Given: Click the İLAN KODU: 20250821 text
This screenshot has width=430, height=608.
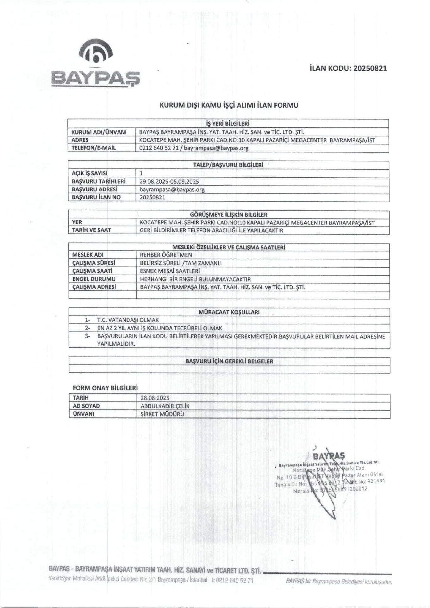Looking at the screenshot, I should pyautogui.click(x=348, y=68).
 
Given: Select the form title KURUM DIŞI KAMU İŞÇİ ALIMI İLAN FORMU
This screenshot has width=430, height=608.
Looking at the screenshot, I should pyautogui.click(x=229, y=105).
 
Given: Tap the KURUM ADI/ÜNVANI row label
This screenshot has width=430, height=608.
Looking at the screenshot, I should pyautogui.click(x=99, y=132).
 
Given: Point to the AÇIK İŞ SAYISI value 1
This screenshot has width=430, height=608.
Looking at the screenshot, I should pyautogui.click(x=141, y=173).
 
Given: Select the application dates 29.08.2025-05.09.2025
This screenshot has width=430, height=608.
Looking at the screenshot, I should pyautogui.click(x=169, y=181).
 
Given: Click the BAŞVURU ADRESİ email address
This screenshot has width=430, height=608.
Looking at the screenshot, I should pyautogui.click(x=172, y=190).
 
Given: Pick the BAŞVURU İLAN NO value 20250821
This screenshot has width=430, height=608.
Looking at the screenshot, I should pyautogui.click(x=153, y=197).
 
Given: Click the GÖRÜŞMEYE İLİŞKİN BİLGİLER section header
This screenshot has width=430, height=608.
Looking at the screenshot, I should pyautogui.click(x=228, y=214).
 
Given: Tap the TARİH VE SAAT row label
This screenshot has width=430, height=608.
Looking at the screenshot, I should pyautogui.click(x=91, y=230).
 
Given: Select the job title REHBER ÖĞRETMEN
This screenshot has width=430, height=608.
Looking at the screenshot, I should pyautogui.click(x=166, y=255).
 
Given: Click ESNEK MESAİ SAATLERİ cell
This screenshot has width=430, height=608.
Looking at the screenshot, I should pyautogui.click(x=170, y=271).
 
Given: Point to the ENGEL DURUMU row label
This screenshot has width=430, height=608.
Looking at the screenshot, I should pyautogui.click(x=94, y=279).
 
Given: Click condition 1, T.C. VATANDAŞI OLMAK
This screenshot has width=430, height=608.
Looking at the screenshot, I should pyautogui.click(x=128, y=320).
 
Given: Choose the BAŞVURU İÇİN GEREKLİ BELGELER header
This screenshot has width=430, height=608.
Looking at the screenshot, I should pyautogui.click(x=229, y=361).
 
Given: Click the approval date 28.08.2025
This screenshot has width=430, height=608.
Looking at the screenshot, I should pyautogui.click(x=155, y=398).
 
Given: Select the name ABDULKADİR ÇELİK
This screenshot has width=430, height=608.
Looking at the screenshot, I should pyautogui.click(x=165, y=406).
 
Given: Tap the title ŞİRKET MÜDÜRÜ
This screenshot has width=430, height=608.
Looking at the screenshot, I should pyautogui.click(x=162, y=414).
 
